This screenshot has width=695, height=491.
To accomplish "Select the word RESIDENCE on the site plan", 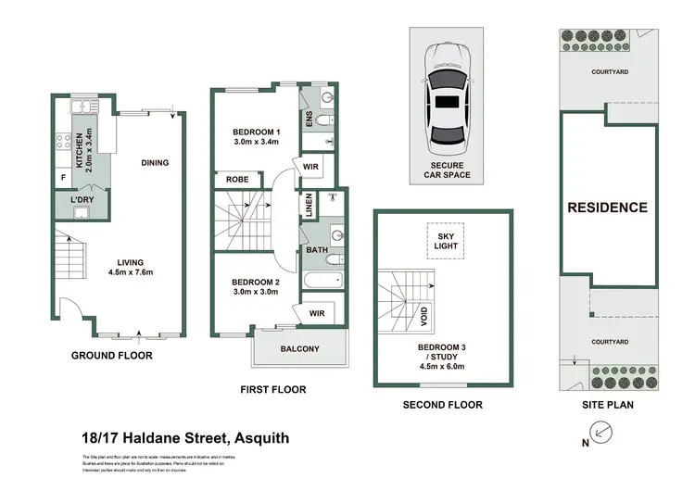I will coord(607,208).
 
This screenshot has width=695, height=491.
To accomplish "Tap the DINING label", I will coord(155,163).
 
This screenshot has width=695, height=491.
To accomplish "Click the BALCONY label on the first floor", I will coord(299,349).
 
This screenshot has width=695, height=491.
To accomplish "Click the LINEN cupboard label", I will coord(307,205).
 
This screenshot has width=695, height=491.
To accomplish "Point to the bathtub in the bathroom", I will coord(322,281).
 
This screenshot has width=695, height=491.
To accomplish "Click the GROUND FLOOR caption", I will coord(112,355).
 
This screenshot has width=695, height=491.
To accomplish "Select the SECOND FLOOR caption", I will coord(441,405).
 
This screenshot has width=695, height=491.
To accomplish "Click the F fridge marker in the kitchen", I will coord(63,176).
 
